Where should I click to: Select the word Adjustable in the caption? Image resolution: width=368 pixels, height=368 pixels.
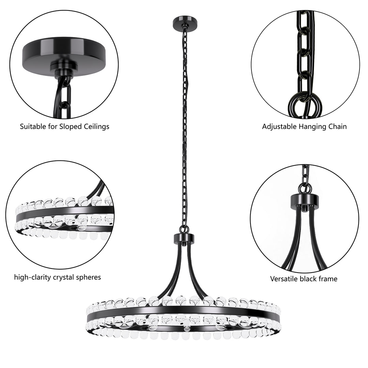(x=278, y=126)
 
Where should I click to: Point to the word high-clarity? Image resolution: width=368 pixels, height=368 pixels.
(x=33, y=277)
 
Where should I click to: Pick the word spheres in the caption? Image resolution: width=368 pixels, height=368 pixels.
(x=89, y=277)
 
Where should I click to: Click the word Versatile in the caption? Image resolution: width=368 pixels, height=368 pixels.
(x=284, y=279)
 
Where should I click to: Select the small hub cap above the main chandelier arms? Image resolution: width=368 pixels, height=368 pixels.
(x=184, y=237)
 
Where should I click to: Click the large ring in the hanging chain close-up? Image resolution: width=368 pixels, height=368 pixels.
(x=300, y=104)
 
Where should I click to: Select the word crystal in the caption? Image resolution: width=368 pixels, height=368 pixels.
(x=64, y=277)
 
